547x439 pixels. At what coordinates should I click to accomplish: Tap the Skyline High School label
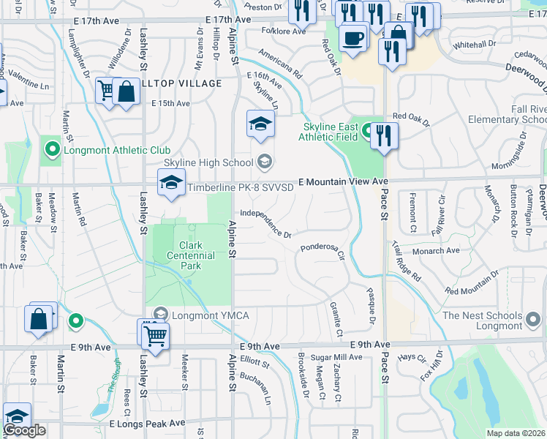click(208, 162)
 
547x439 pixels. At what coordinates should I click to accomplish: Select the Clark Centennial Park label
click(197, 255)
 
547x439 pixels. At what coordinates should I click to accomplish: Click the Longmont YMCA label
click(210, 315)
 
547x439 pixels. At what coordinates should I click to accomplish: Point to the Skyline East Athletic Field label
click(331, 132)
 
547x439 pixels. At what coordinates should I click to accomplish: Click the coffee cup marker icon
click(353, 37)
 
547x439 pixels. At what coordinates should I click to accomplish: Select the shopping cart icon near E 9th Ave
click(155, 335)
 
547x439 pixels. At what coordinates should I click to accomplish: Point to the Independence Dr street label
click(266, 224)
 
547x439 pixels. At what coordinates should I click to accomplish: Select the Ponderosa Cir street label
click(322, 248)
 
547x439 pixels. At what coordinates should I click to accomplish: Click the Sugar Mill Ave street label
click(337, 357)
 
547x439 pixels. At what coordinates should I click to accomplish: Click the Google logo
click(24, 431)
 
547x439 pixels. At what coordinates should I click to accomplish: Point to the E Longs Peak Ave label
click(147, 424)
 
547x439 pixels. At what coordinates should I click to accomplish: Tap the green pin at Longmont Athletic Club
click(52, 151)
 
